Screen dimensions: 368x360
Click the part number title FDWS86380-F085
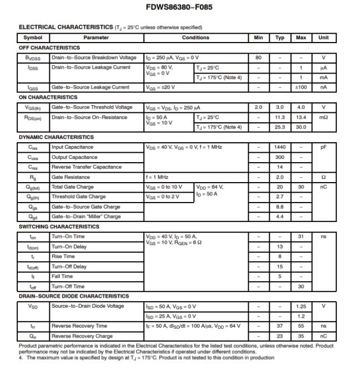[179, 8]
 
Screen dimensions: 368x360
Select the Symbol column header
[29, 38]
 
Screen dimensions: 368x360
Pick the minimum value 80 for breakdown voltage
[258, 58]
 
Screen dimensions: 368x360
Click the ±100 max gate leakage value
[301, 87]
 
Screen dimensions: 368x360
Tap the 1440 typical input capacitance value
[280, 147]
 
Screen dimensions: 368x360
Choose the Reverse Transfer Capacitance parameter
[86, 167]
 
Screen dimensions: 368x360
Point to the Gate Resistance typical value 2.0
[280, 177]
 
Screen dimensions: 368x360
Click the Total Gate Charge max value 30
[301, 187]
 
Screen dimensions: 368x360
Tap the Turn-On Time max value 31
[301, 236]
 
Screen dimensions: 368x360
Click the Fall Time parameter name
[62, 276]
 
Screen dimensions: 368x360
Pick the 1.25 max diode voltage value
[301, 306]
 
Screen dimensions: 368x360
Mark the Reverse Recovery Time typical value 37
[280, 326]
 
